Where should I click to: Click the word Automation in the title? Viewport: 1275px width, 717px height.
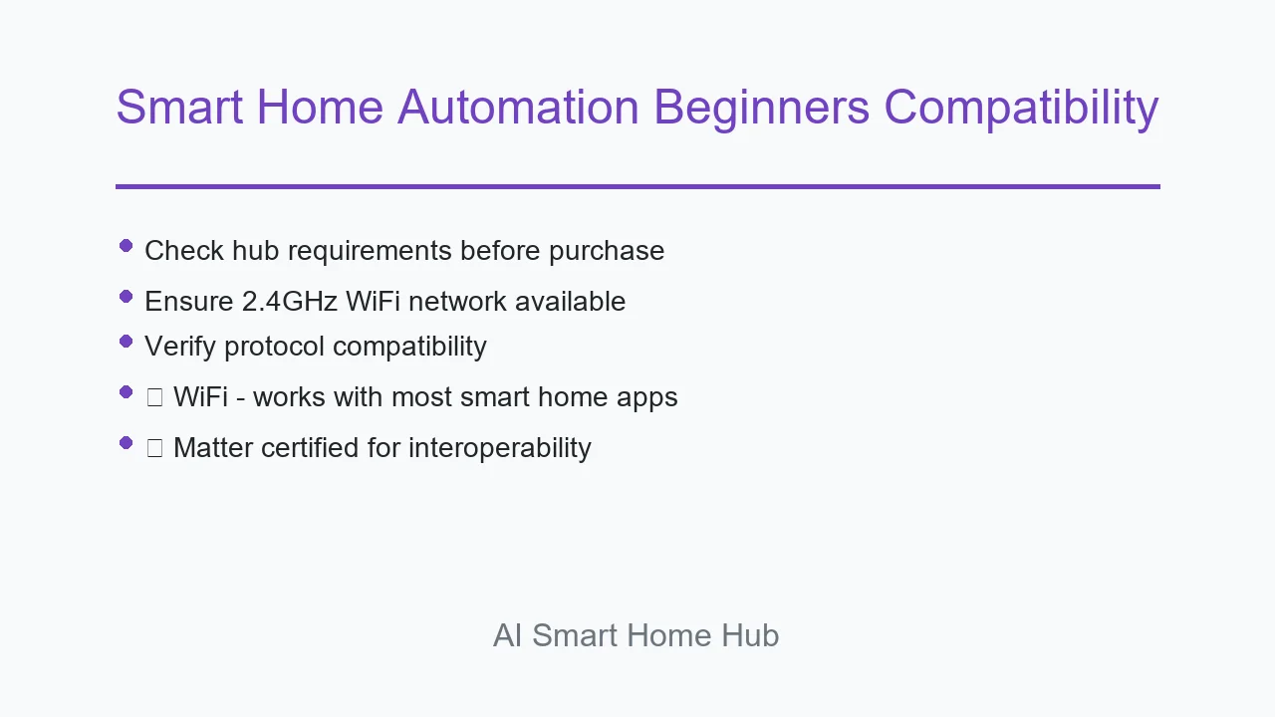coord(518,107)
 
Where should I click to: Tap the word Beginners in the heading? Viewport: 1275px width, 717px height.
coord(762,110)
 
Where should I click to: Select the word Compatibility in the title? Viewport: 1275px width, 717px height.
coord(1022,110)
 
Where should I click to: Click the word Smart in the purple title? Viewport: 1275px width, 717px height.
coord(179,107)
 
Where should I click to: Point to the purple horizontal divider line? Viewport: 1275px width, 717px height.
coord(637,186)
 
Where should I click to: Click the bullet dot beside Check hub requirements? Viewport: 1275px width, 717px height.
coord(126,246)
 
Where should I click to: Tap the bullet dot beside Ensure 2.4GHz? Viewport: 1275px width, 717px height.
coord(126,297)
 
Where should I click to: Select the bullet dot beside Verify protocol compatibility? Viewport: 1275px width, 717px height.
coord(126,342)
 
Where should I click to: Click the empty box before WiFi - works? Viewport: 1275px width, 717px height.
coord(154,397)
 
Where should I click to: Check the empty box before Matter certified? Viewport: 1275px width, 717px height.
coord(154,448)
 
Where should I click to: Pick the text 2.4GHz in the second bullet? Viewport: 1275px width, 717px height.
coord(290,301)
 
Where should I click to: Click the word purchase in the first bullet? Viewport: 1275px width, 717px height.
coord(607,252)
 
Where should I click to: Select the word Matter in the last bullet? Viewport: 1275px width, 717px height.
coord(213,448)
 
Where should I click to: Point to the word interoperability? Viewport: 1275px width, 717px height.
coord(500,448)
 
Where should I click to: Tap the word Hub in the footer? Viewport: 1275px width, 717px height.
coord(750,635)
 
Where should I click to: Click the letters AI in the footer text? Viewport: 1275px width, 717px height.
coord(507,635)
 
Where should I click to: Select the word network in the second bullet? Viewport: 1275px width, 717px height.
coord(457,301)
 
